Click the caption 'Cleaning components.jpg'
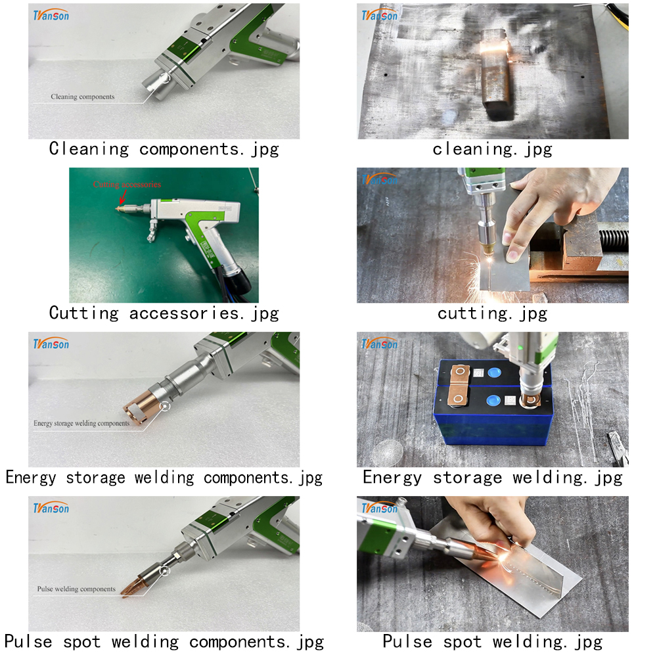click(164, 149)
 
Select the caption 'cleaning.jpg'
click(492, 149)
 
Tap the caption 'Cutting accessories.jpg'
click(164, 313)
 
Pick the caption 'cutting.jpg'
click(492, 313)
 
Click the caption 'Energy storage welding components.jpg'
click(164, 478)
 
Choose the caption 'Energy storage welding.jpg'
click(492, 478)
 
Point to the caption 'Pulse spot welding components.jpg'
click(164, 642)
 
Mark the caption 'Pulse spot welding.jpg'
click(492, 642)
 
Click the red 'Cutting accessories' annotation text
click(127, 185)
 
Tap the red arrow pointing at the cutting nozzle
click(124, 196)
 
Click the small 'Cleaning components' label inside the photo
click(83, 97)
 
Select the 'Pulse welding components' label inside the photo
click(76, 589)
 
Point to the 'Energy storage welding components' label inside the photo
click(81, 423)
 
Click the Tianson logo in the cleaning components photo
click(51, 15)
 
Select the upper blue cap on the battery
click(494, 372)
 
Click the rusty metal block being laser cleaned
click(497, 74)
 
